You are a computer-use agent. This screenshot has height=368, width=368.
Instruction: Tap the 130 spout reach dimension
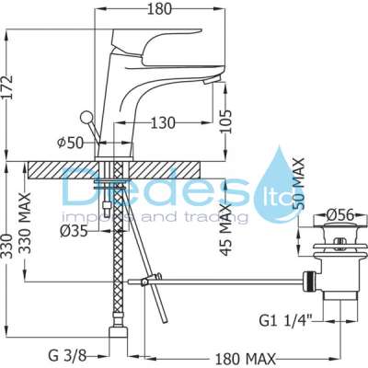[163, 122]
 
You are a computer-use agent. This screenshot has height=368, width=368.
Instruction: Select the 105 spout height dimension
[226, 121]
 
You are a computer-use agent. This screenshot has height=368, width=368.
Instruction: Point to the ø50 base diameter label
[70, 143]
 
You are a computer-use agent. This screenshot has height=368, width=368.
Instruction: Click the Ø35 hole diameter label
[74, 231]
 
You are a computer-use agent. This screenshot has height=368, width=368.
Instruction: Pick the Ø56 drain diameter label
[339, 215]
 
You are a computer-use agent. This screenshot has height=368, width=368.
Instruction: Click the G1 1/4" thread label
[285, 321]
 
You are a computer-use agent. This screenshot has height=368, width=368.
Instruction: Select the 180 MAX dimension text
[245, 358]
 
